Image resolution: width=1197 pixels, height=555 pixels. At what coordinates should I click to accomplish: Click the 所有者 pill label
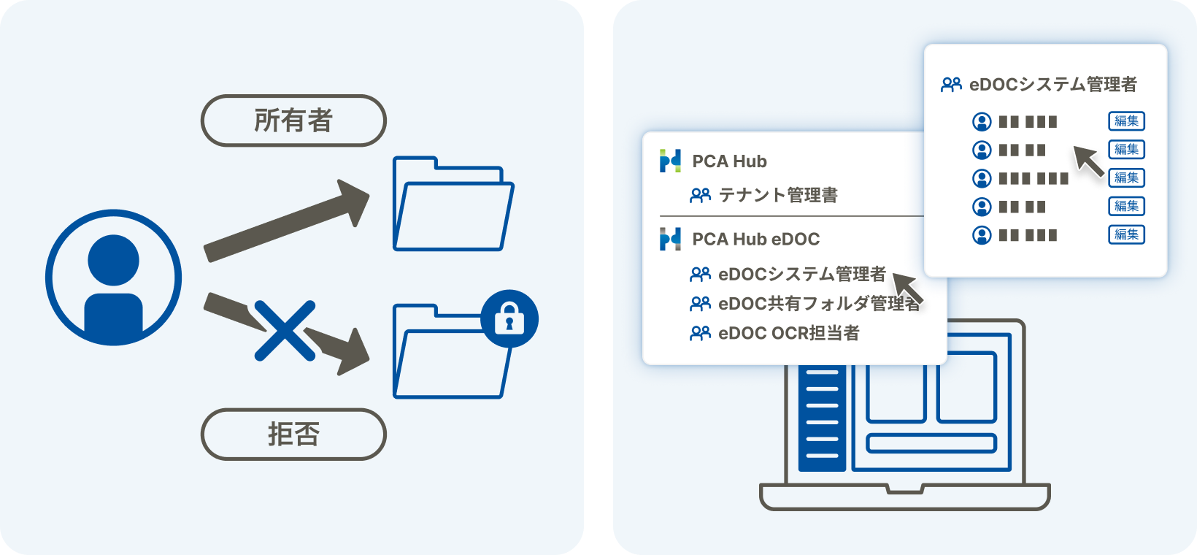[x=293, y=120]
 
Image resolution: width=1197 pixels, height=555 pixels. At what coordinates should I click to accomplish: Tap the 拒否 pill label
[x=293, y=434]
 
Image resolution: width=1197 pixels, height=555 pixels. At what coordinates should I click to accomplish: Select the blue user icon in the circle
[x=114, y=277]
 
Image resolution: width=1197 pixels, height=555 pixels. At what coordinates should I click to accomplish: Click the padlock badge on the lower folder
[x=509, y=319]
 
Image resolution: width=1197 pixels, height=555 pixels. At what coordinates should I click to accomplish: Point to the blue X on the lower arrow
[x=285, y=331]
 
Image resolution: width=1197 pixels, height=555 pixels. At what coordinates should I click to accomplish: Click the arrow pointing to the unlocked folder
[x=285, y=219]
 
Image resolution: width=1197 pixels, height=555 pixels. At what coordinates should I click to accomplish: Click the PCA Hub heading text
[x=729, y=161]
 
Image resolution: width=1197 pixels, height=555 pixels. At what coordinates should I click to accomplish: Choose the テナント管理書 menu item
[x=777, y=195]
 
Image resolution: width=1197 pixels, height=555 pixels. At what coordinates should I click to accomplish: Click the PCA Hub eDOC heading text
[x=755, y=239]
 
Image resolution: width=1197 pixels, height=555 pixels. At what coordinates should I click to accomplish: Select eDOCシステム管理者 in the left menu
[x=801, y=274]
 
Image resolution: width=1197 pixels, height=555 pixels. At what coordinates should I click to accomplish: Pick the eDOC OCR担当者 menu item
[x=788, y=333]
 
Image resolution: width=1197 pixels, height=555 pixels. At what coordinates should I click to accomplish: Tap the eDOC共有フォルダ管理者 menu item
[x=818, y=303]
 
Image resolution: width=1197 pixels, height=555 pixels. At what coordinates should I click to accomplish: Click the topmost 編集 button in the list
[x=1126, y=121]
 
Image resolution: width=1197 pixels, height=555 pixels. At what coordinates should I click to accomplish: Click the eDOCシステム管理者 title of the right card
[x=1052, y=85]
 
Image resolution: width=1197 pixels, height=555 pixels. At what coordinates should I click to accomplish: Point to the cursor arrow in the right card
[x=1088, y=160]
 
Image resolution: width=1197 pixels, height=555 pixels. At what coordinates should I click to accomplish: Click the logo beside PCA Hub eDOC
[x=670, y=239]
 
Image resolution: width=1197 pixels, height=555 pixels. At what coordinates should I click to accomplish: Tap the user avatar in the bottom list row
[x=982, y=235]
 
